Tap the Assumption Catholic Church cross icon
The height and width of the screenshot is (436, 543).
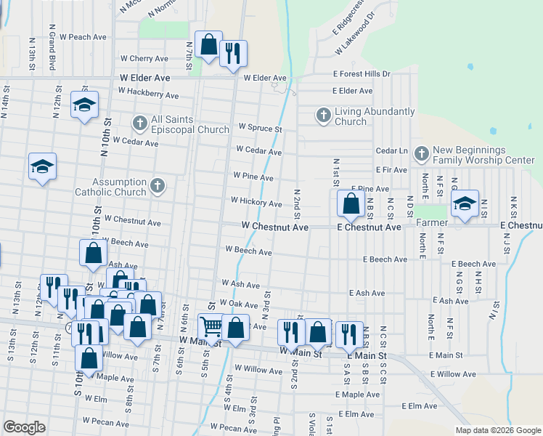[157, 187]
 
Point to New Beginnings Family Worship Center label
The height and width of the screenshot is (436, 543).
[483, 155]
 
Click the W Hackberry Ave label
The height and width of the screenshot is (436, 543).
[148, 94]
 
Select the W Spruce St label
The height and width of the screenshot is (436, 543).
[259, 127]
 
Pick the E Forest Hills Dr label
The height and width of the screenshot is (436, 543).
[362, 73]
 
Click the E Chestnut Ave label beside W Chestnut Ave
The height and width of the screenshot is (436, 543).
[369, 227]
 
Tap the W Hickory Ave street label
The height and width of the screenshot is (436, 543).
[256, 202]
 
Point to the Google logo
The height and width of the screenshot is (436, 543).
[24, 427]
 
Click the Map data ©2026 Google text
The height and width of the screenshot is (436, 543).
[498, 430]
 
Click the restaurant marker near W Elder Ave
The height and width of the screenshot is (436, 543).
[232, 54]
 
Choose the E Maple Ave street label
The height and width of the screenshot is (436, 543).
[357, 395]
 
